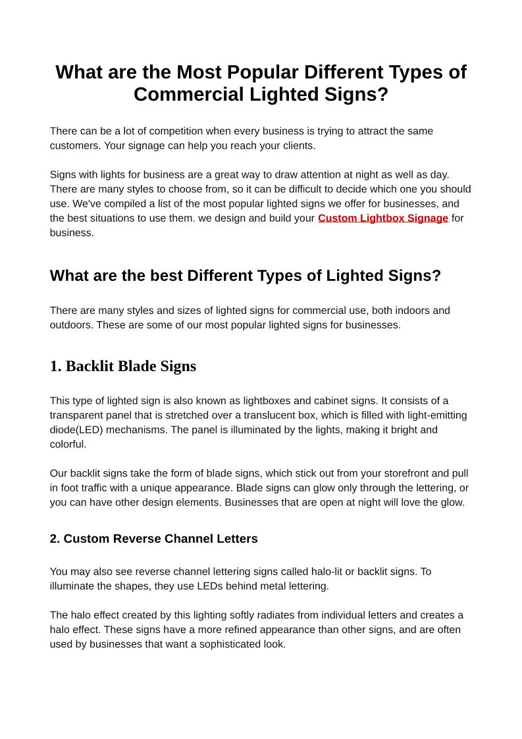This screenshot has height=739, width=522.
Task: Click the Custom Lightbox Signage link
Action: point(383,218)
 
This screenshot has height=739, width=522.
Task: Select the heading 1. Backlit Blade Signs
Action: point(123,366)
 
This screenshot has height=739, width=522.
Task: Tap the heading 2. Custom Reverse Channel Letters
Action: point(154,538)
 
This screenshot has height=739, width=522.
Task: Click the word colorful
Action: point(68,444)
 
